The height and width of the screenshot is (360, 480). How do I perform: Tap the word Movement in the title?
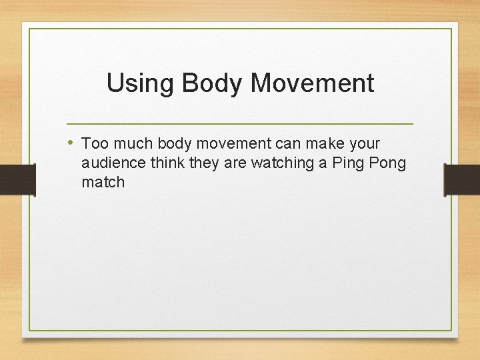click(313, 83)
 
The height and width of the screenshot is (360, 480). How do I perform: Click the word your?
click(364, 144)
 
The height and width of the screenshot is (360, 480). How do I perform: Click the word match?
click(103, 182)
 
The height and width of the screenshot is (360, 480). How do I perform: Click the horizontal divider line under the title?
click(240, 124)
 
